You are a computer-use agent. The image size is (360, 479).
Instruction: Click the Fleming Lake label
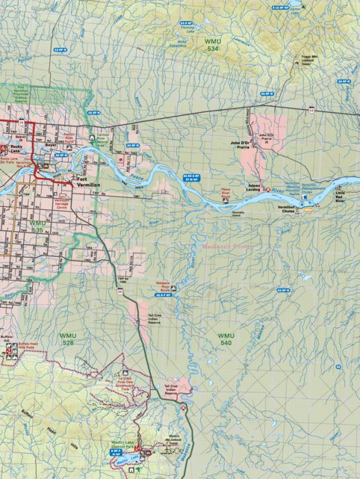coord(187,31)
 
